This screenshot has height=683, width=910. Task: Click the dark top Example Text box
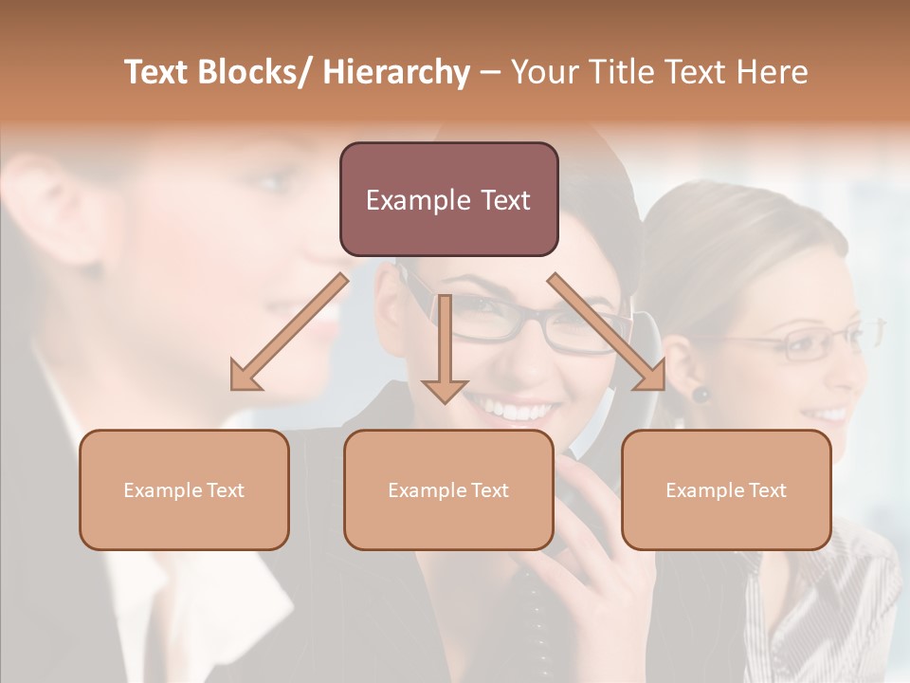click(448, 199)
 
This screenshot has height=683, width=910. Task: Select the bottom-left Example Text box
click(184, 489)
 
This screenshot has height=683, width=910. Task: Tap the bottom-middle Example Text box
click(448, 489)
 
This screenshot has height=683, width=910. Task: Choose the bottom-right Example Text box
click(726, 489)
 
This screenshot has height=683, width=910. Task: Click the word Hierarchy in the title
click(395, 72)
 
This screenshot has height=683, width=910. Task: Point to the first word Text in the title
click(158, 72)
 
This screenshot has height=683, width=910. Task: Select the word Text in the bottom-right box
click(768, 489)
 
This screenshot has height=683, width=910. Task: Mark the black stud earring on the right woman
click(701, 394)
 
